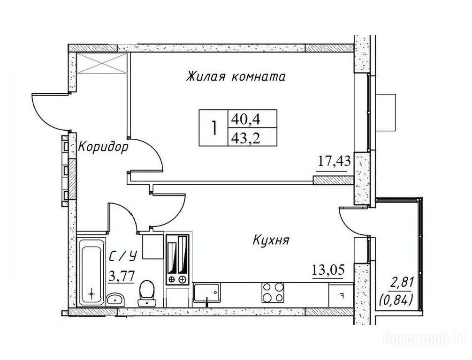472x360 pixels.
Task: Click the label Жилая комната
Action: click(x=236, y=76)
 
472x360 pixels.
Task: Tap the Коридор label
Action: click(x=103, y=147)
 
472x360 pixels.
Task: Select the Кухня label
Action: click(x=271, y=240)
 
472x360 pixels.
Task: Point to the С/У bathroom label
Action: click(x=123, y=256)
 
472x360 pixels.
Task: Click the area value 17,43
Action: click(x=335, y=162)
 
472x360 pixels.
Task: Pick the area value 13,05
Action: click(x=328, y=270)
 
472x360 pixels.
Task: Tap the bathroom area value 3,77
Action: click(x=122, y=276)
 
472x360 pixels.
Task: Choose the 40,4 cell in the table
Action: click(x=252, y=119)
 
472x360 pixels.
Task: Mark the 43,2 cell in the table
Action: click(x=252, y=137)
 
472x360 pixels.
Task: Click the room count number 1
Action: click(x=214, y=127)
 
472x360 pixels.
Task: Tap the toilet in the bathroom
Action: click(x=147, y=293)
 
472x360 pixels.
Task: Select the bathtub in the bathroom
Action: click(x=91, y=272)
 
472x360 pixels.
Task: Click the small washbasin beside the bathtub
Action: click(x=115, y=300)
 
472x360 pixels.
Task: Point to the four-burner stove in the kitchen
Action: click(x=273, y=292)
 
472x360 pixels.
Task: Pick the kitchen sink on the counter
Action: click(x=207, y=292)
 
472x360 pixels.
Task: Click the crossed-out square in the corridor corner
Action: click(x=102, y=63)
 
